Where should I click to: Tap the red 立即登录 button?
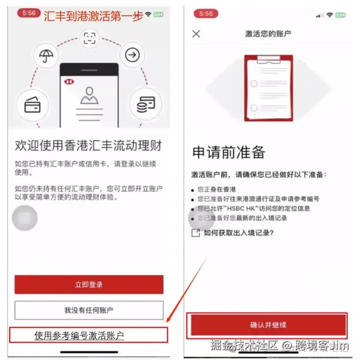(89, 285)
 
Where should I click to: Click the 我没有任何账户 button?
(89, 310)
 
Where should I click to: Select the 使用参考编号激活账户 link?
(79, 336)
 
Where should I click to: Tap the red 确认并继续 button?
(268, 325)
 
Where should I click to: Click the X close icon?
(196, 34)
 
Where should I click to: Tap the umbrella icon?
(46, 55)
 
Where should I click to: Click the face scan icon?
(89, 38)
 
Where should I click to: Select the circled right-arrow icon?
(132, 55)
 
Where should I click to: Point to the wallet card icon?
(32, 105)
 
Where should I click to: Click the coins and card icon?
(145, 104)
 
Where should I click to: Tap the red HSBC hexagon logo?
(69, 82)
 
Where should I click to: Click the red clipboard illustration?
(268, 88)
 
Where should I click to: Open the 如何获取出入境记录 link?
(238, 233)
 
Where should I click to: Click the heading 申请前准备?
(228, 152)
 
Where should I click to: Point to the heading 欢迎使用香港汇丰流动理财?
(88, 145)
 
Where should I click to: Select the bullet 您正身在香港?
(216, 190)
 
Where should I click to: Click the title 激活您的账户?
(268, 34)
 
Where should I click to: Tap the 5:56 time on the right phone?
(206, 13)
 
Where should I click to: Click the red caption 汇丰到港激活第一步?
(93, 16)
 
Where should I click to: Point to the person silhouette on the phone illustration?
(89, 95)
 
